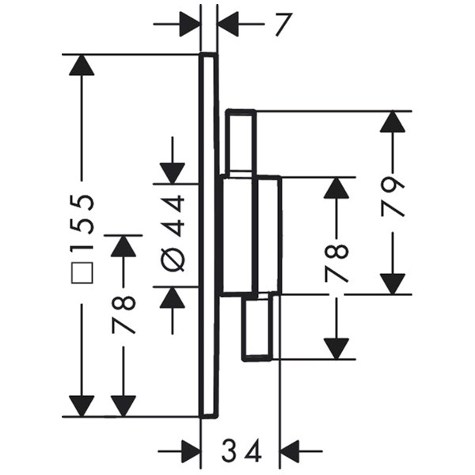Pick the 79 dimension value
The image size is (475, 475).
point(393,196)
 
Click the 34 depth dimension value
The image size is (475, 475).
point(241,452)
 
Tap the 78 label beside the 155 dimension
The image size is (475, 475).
point(123,313)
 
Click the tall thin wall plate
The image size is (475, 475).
point(207,237)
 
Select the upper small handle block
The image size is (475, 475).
point(241,142)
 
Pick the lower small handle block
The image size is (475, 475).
point(260,326)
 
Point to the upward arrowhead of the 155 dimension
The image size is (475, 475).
point(82,65)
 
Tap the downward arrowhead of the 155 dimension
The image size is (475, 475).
point(82,405)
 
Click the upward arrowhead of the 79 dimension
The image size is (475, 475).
point(393,121)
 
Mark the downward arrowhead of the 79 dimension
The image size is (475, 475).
point(393,283)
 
